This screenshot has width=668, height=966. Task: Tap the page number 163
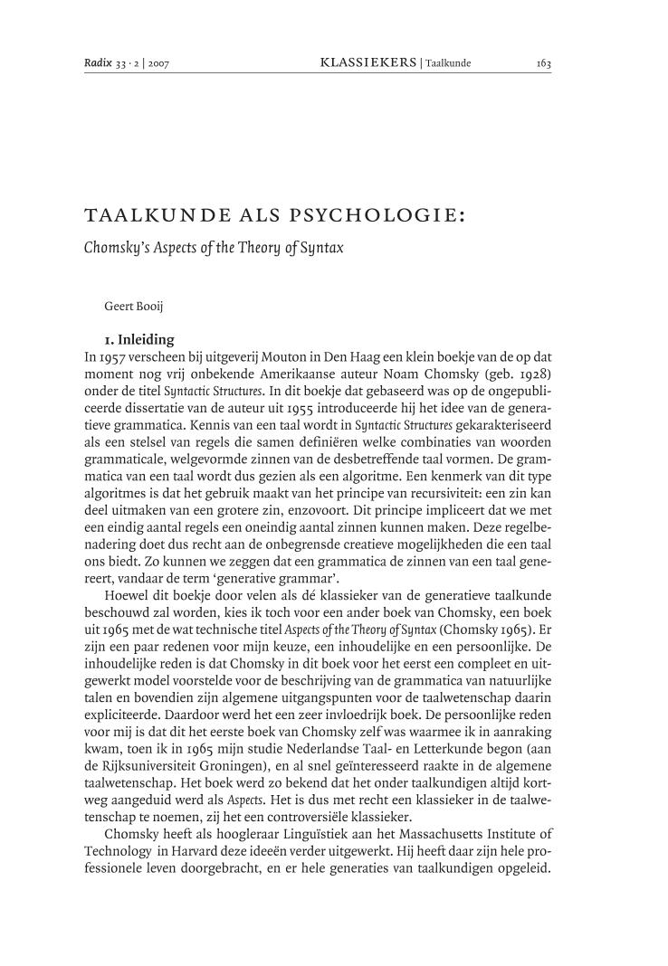(x=543, y=63)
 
